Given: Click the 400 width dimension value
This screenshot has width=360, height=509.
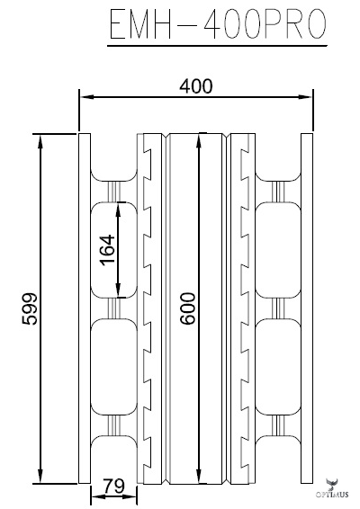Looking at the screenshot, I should (x=196, y=86).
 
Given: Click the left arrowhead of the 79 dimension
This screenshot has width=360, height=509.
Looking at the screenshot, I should (x=94, y=496).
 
